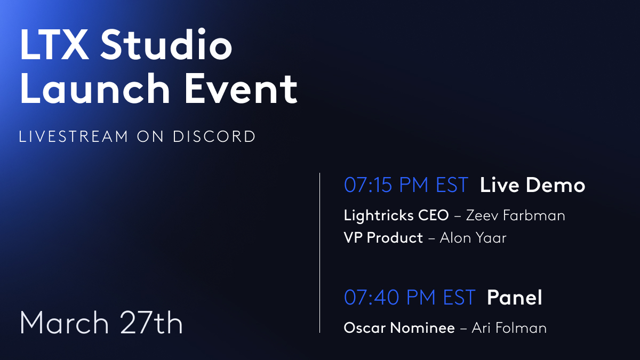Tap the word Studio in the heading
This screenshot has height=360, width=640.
coord(166,44)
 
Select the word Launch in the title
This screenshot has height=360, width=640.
coord(95,88)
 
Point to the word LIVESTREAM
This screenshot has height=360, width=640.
coord(74,137)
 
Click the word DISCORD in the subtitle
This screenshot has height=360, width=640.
coord(214,137)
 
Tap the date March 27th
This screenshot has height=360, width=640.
coord(101,322)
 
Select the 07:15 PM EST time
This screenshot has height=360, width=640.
coord(406,185)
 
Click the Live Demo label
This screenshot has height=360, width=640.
coord(532,185)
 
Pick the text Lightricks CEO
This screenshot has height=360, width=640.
coord(396,215)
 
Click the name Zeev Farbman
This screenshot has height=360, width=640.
coord(515,215)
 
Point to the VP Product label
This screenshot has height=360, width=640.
coord(383,238)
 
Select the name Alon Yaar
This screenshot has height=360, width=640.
coord(473,238)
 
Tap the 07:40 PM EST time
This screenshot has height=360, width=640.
coord(410,297)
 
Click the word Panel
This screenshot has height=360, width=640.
coord(514,297)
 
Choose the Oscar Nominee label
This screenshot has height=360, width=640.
coord(399,327)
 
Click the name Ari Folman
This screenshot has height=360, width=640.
coord(509,327)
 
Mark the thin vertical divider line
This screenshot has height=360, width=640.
coord(319,253)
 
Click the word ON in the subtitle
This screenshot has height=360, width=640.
coord(150,137)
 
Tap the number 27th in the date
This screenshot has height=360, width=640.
coord(151,322)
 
